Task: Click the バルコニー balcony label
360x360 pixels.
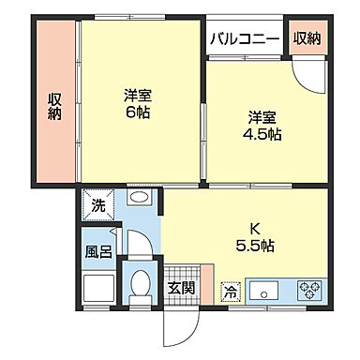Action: point(245,38)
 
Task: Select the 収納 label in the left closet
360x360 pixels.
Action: point(55,103)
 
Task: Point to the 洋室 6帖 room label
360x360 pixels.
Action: point(138,103)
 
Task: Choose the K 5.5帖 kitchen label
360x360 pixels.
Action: point(255,236)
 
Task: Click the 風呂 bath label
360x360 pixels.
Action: point(98,252)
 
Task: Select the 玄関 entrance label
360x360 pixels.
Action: point(182,288)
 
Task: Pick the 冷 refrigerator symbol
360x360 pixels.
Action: point(231,292)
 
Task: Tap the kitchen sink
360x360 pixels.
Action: point(264,290)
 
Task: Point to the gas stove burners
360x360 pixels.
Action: point(310,290)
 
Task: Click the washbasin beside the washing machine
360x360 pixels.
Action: point(138,199)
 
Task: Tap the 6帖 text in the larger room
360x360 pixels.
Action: point(138,112)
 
